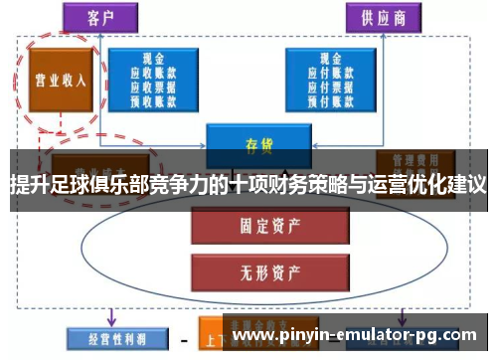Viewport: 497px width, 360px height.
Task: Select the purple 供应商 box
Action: pos(379,17)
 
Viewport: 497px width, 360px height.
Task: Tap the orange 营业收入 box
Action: pos(57,80)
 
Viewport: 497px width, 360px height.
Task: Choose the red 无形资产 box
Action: pos(253,268)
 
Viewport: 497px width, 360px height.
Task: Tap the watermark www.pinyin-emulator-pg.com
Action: pos(357,337)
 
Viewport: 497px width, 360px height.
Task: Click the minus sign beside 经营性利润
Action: pos(183,339)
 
